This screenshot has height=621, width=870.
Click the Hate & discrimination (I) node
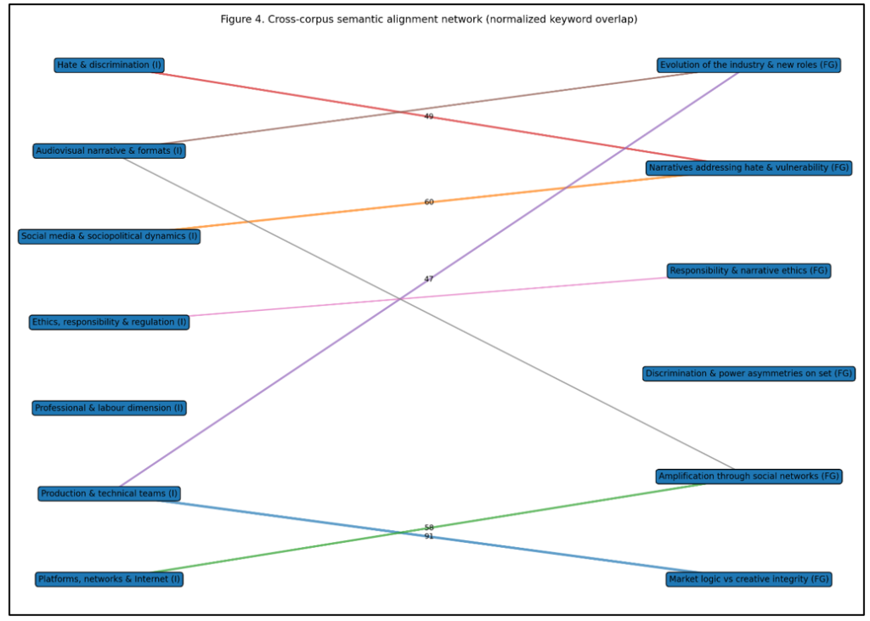click(110, 65)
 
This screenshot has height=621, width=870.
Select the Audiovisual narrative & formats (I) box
click(110, 150)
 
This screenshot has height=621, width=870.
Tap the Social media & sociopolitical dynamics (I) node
click(110, 236)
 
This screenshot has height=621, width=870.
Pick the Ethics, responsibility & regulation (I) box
click(110, 322)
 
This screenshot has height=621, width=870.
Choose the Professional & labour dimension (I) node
click(110, 408)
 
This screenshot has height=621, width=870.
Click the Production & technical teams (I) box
click(110, 494)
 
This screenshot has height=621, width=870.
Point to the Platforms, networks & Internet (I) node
click(110, 579)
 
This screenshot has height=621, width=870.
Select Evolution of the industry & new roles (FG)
click(749, 65)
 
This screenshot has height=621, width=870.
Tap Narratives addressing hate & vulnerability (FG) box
click(749, 167)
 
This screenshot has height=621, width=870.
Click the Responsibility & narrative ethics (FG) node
click(749, 271)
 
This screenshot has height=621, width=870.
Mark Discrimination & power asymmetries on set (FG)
click(749, 373)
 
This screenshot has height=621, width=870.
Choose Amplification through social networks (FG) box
click(749, 476)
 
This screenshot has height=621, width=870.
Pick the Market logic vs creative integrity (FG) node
click(749, 579)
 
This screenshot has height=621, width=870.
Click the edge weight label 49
click(429, 116)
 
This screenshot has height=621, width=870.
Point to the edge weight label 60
click(429, 202)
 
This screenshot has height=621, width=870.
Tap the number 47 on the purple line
click(429, 279)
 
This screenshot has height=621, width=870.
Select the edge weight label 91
click(429, 537)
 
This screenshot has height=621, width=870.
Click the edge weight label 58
click(429, 528)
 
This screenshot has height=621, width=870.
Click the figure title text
click(428, 19)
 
